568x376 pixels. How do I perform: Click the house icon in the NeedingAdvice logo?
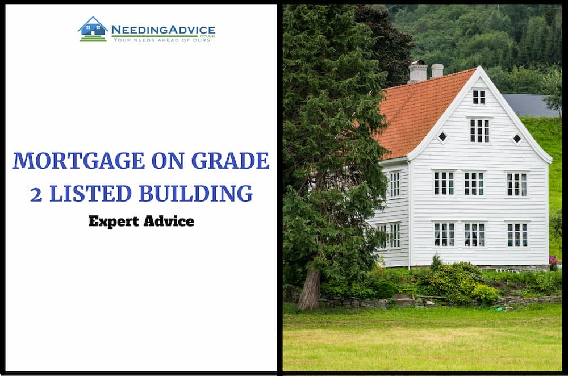click(93, 29)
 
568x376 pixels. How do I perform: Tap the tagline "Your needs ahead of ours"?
click(161, 40)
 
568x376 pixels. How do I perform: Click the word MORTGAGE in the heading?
click(79, 161)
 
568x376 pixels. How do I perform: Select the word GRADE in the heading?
click(230, 161)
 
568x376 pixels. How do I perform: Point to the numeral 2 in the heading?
click(36, 194)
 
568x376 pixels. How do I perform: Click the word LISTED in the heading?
click(90, 193)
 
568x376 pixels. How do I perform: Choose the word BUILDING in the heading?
click(195, 193)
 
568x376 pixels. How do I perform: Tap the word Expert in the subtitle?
click(114, 222)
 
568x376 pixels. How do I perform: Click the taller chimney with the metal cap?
click(417, 72)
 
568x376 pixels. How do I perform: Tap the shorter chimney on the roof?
click(437, 70)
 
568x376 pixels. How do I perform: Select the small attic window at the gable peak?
click(479, 97)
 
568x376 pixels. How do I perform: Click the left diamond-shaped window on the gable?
click(442, 137)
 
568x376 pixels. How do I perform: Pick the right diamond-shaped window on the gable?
click(517, 139)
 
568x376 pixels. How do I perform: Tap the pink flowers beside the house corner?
click(553, 260)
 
